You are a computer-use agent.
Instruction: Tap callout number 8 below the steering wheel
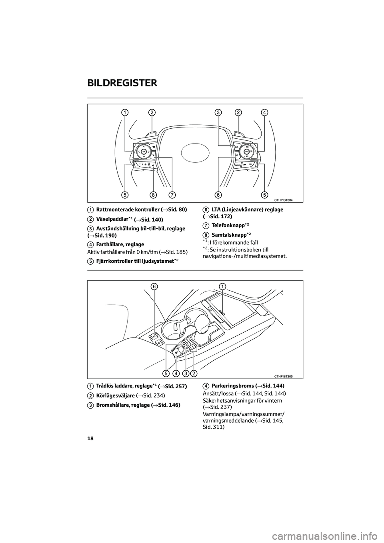(x=153, y=195)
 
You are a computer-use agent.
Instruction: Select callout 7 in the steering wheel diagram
(x=172, y=195)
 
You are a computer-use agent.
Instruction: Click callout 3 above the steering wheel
(x=218, y=112)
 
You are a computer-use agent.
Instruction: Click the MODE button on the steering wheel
(x=238, y=165)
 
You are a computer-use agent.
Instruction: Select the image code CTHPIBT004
(x=284, y=200)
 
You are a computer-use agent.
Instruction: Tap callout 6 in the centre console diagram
(x=154, y=286)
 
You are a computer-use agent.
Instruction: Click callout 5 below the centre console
(x=166, y=373)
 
